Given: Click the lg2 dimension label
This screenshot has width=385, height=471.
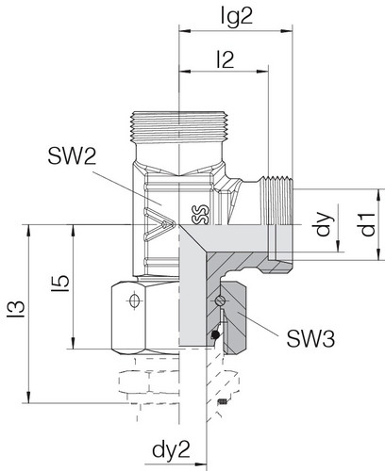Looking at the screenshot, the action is [x=237, y=17].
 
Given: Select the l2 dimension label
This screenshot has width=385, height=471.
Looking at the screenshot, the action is [x=226, y=59].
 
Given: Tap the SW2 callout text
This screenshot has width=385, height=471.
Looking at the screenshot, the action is [x=72, y=156].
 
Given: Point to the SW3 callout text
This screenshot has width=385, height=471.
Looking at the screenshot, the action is [x=310, y=339].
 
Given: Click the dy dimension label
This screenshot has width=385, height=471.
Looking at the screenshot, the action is [x=325, y=224].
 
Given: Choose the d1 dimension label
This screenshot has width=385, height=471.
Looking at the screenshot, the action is [x=368, y=224].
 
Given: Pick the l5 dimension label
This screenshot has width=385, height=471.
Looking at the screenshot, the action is [x=60, y=284].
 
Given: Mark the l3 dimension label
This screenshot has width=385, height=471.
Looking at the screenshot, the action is [x=17, y=309].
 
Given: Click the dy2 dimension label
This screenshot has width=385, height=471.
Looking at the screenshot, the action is [x=171, y=450].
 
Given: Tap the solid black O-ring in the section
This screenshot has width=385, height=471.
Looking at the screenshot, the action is [x=215, y=334].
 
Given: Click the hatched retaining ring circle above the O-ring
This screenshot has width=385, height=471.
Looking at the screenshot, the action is [x=220, y=300].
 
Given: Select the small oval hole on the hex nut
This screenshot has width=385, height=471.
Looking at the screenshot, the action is [x=134, y=301].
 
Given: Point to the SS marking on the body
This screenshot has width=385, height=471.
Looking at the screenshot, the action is [x=200, y=215].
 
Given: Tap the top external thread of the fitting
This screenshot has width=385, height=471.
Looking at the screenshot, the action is [x=179, y=127].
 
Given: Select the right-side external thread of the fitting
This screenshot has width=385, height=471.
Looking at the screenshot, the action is [x=277, y=201].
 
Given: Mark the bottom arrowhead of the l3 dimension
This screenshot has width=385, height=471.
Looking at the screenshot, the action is [x=29, y=397].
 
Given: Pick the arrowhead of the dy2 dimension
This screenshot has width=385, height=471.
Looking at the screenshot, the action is [x=200, y=464].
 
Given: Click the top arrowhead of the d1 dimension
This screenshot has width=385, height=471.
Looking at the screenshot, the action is [x=378, y=195].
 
